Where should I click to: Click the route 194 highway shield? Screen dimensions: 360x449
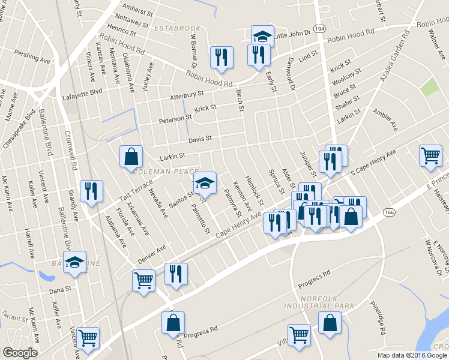coord(319,28)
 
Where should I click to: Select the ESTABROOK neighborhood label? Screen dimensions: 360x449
coord(176,28)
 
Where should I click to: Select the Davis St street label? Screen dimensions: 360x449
coord(200,139)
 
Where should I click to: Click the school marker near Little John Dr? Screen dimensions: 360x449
coord(262,36)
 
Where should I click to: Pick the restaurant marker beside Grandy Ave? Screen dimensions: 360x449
coord(91,191)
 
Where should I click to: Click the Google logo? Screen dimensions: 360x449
coord(20,353)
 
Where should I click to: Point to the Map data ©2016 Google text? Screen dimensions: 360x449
coord(411,355)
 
